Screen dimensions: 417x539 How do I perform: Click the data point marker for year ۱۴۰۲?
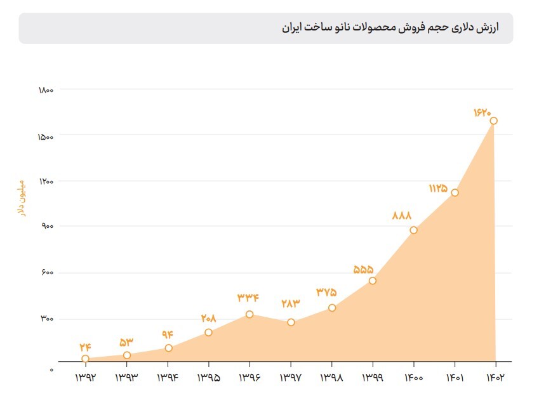(x=493, y=121)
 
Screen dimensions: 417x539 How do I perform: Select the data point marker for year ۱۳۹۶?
(x=250, y=314)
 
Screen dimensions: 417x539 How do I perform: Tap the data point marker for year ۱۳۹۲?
(x=86, y=359)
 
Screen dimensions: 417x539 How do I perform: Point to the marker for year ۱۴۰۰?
(x=413, y=230)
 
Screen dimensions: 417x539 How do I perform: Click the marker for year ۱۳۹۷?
(x=291, y=322)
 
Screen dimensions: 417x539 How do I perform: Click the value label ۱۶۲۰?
(x=482, y=112)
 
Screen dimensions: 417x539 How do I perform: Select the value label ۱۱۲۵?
(x=438, y=189)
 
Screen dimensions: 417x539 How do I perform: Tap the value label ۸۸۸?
(x=402, y=216)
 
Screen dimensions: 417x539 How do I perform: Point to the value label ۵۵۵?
(x=363, y=269)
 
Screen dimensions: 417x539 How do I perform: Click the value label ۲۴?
(x=86, y=347)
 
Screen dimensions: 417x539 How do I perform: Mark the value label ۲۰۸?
(x=208, y=319)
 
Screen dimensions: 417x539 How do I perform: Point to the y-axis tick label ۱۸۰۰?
(x=45, y=90)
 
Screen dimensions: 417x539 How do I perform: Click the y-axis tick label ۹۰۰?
(x=48, y=226)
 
